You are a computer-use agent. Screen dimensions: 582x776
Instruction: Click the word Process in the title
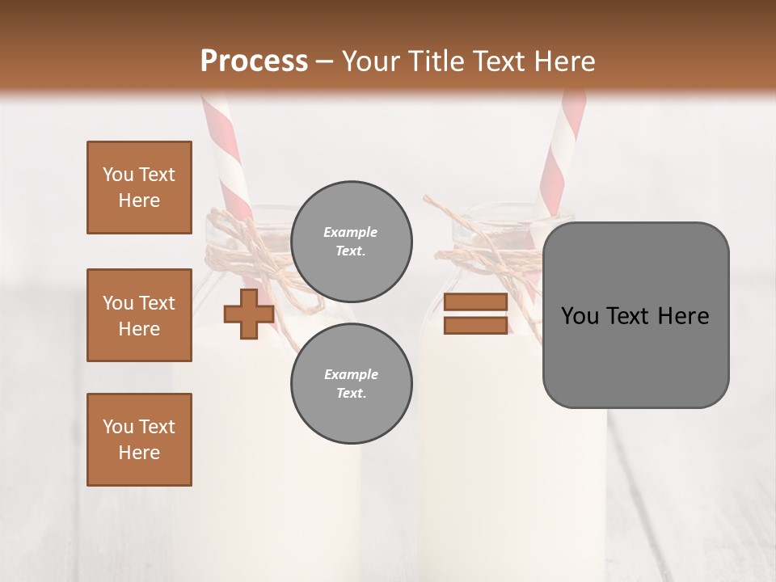[x=254, y=61]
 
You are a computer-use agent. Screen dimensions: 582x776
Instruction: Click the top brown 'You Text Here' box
[x=139, y=188]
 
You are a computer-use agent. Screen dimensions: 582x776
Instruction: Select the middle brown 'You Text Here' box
[x=139, y=315]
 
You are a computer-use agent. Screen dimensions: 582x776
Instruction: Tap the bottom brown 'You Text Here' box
[x=139, y=440]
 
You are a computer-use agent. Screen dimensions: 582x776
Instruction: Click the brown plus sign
[x=248, y=314]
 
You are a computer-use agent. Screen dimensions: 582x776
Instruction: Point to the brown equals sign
[x=475, y=314]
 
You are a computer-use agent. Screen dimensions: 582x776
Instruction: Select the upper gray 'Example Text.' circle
[x=351, y=242]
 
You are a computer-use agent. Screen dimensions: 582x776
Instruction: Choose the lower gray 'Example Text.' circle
[x=351, y=384]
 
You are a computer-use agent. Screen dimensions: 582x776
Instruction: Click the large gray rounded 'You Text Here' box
[x=635, y=315]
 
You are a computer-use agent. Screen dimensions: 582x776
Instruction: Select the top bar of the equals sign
[x=475, y=302]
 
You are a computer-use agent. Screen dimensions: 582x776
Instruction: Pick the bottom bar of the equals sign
[x=475, y=325]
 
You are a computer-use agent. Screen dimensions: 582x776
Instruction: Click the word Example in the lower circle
[x=351, y=374]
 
